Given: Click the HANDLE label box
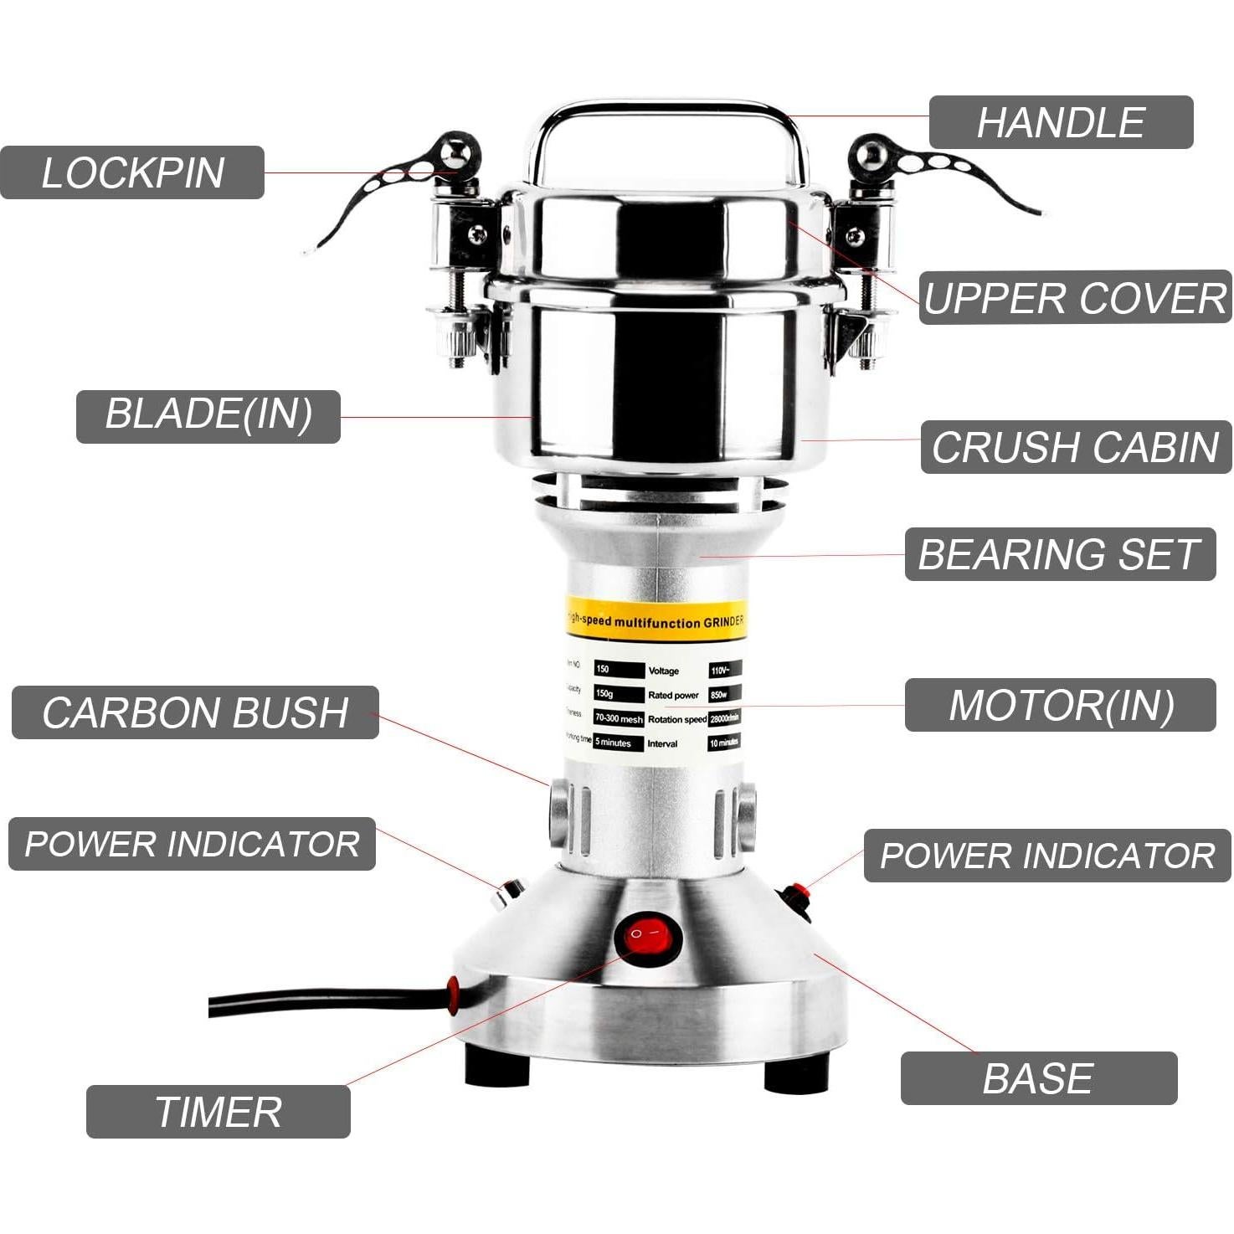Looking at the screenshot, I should coord(1060,122).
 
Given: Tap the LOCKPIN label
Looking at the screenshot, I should coord(132,172).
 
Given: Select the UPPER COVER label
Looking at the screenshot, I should coord(1075,297).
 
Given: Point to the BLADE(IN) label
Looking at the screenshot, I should coord(208,416).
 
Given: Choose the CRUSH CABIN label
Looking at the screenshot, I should coord(1075,447).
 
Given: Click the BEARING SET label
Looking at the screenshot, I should coord(1059,554).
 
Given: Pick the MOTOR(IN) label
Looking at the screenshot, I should coord(1060,705).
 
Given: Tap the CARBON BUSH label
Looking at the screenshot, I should coord(195,712).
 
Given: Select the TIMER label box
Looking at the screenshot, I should coord(218,1112).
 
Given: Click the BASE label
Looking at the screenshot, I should coord(1038,1078).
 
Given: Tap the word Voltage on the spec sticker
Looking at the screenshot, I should coord(663,671).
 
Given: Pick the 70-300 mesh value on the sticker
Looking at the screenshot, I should coord(619,718).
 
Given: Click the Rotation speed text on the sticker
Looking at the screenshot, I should coord(676,719).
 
